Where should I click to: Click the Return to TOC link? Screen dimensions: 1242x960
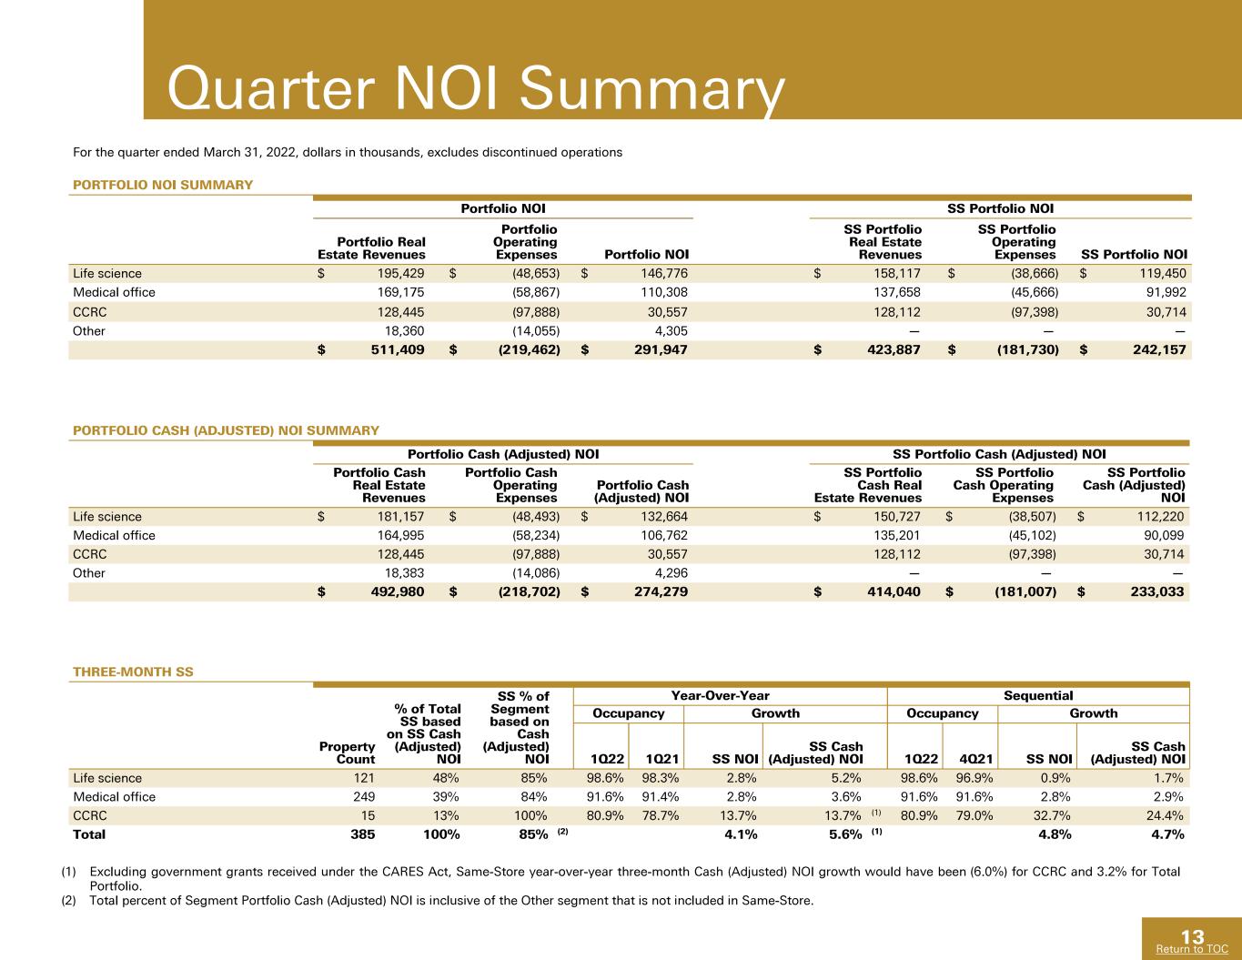[x=1192, y=949]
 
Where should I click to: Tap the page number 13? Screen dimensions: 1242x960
[x=1192, y=937]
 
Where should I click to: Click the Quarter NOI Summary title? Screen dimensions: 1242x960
[x=476, y=89]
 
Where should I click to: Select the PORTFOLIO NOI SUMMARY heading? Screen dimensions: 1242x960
[x=163, y=185]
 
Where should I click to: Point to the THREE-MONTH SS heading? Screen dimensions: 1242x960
[x=133, y=672]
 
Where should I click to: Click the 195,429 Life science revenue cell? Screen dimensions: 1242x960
[x=400, y=274]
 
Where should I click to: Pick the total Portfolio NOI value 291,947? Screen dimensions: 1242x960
[x=661, y=349]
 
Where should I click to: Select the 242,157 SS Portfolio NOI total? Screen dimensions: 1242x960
[x=1160, y=349]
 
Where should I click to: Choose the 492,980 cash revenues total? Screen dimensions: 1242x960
[x=398, y=592]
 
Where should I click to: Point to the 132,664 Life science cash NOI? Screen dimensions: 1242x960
[x=664, y=517]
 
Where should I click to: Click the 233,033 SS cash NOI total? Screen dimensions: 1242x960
[x=1157, y=592]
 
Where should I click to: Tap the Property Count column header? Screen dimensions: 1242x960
[x=347, y=753]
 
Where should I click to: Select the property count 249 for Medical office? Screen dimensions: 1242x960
[x=364, y=797]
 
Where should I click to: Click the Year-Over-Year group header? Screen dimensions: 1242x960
[x=720, y=696]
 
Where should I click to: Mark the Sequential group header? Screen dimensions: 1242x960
[x=1038, y=696]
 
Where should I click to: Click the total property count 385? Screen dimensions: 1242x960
[x=363, y=834]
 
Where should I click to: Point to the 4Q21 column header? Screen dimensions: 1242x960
[x=976, y=760]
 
